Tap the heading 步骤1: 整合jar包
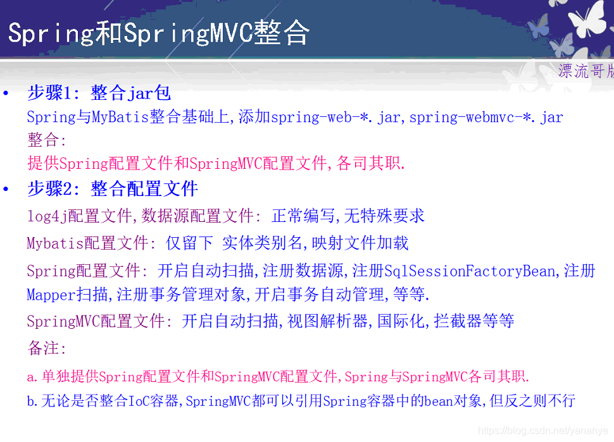pyautogui.click(x=99, y=94)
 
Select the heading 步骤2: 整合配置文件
pyautogui.click(x=113, y=188)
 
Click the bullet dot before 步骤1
pyautogui.click(x=6, y=94)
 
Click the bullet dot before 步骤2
pyautogui.click(x=6, y=189)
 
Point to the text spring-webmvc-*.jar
pyautogui.click(x=486, y=117)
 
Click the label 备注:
pyautogui.click(x=47, y=348)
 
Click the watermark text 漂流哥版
pyautogui.click(x=586, y=71)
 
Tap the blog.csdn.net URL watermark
pyautogui.click(x=544, y=431)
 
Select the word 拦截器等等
pyautogui.click(x=474, y=321)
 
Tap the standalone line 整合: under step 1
pyautogui.click(x=47, y=140)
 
